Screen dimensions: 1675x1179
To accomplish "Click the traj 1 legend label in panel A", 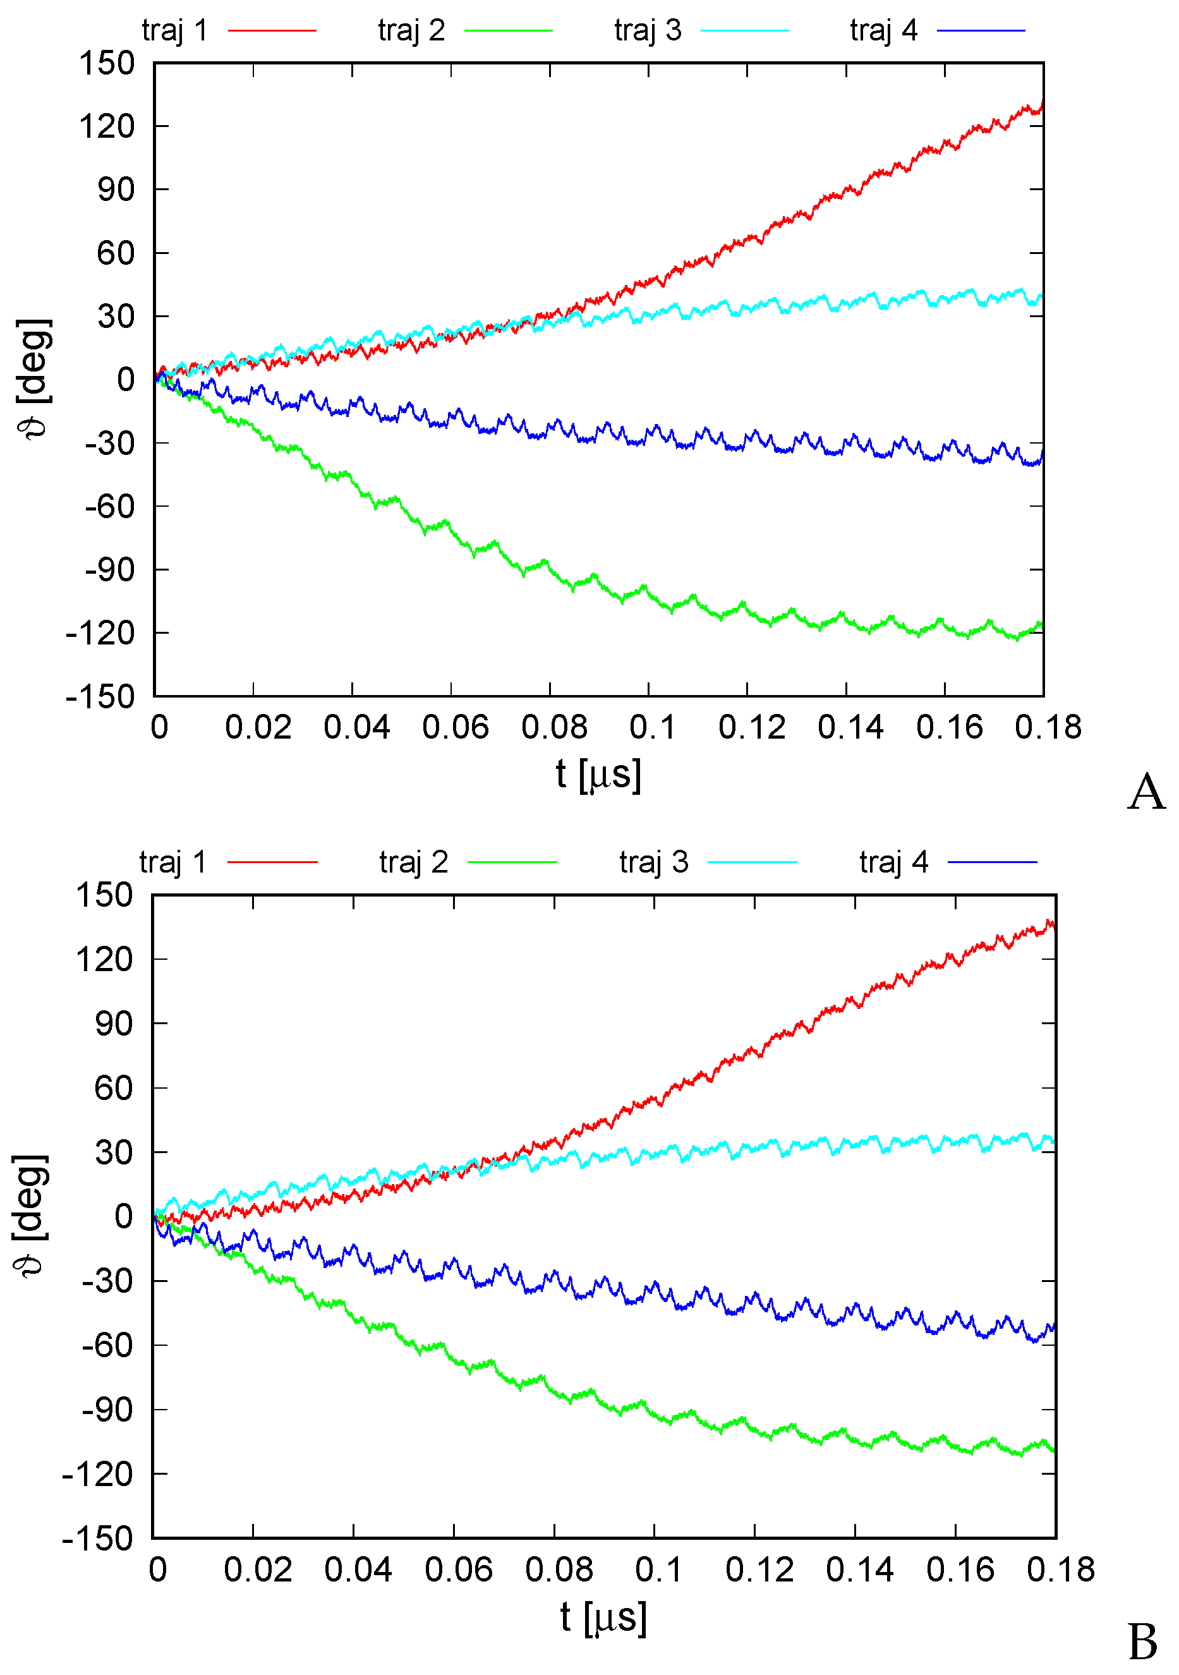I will point(175,30).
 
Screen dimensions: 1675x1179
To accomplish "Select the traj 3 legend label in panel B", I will point(654,862).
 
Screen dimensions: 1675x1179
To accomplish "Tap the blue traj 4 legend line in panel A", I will point(981,30).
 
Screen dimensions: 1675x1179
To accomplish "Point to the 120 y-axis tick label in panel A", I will point(107,127).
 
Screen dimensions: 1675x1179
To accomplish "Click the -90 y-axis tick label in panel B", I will point(107,1410).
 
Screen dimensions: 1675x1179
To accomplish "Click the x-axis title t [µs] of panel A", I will point(598,774).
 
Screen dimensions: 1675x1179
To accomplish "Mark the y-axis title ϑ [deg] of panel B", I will point(30,1216).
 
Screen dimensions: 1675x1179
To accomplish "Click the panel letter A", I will point(1146,792).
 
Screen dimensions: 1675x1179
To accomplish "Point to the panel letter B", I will point(1142,1642).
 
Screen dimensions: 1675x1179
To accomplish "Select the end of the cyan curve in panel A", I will point(1041,297).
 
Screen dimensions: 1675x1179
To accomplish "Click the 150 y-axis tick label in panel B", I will point(104,895).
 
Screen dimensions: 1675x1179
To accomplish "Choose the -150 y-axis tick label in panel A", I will point(100,697).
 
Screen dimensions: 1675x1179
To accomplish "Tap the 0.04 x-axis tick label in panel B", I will point(358,1570).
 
